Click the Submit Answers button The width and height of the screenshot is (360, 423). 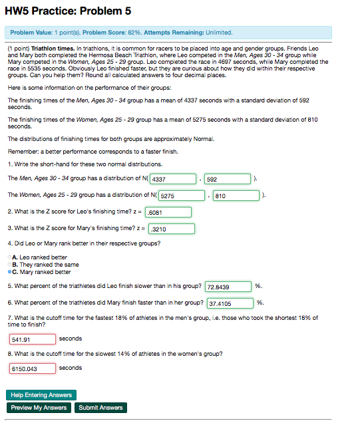click(100, 407)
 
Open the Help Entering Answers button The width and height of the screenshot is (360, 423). click(41, 395)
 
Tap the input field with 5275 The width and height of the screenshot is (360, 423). click(181, 196)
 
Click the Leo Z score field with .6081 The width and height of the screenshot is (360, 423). click(168, 213)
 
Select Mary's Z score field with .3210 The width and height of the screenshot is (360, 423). click(171, 229)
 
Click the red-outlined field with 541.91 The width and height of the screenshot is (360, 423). click(32, 339)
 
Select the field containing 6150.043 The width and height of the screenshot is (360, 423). click(32, 368)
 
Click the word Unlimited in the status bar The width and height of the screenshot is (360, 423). click(218, 32)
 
